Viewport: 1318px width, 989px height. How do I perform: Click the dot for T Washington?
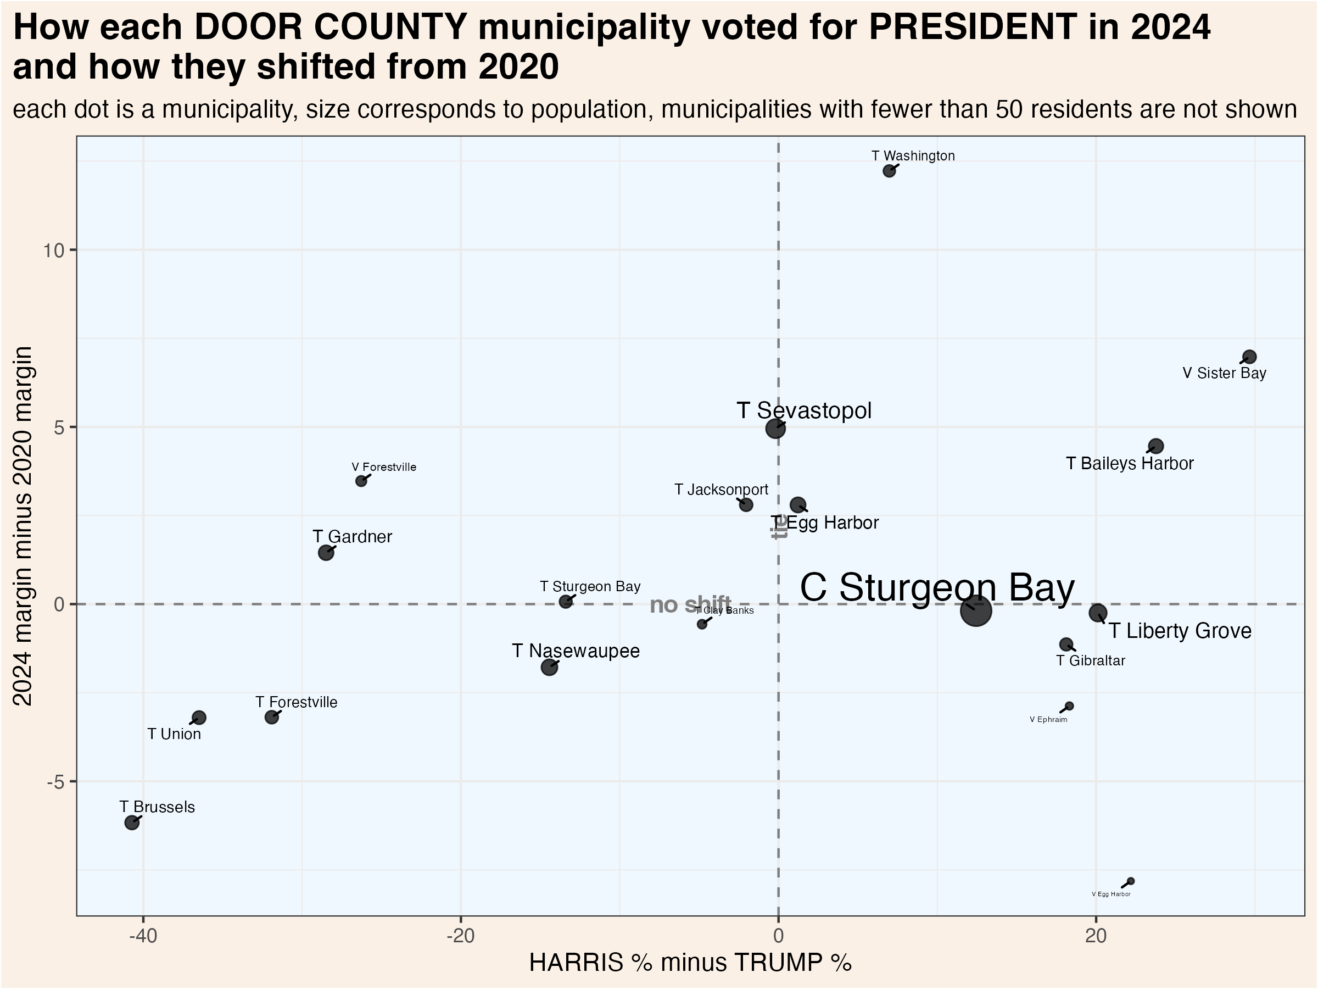point(889,171)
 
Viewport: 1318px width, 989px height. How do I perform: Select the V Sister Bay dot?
point(1249,357)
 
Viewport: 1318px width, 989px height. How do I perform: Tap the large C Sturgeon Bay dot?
point(975,610)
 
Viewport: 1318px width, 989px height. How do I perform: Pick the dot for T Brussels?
point(132,823)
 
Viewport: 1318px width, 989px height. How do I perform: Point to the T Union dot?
point(199,718)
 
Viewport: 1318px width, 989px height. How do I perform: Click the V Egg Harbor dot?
point(1131,881)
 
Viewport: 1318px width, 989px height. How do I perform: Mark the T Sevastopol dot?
point(775,428)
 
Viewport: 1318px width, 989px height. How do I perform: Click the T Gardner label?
point(352,536)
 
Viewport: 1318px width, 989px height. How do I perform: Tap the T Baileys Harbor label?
point(1129,463)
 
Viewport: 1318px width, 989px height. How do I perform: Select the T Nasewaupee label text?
point(576,651)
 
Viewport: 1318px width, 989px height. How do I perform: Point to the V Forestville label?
point(384,468)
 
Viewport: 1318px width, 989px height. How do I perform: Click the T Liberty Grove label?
point(1180,631)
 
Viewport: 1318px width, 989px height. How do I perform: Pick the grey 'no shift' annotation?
point(690,605)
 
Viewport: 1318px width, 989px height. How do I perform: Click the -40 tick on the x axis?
point(143,936)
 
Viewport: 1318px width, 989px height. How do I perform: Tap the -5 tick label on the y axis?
point(55,781)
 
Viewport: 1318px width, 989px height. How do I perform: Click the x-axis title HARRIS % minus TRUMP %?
point(690,963)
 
